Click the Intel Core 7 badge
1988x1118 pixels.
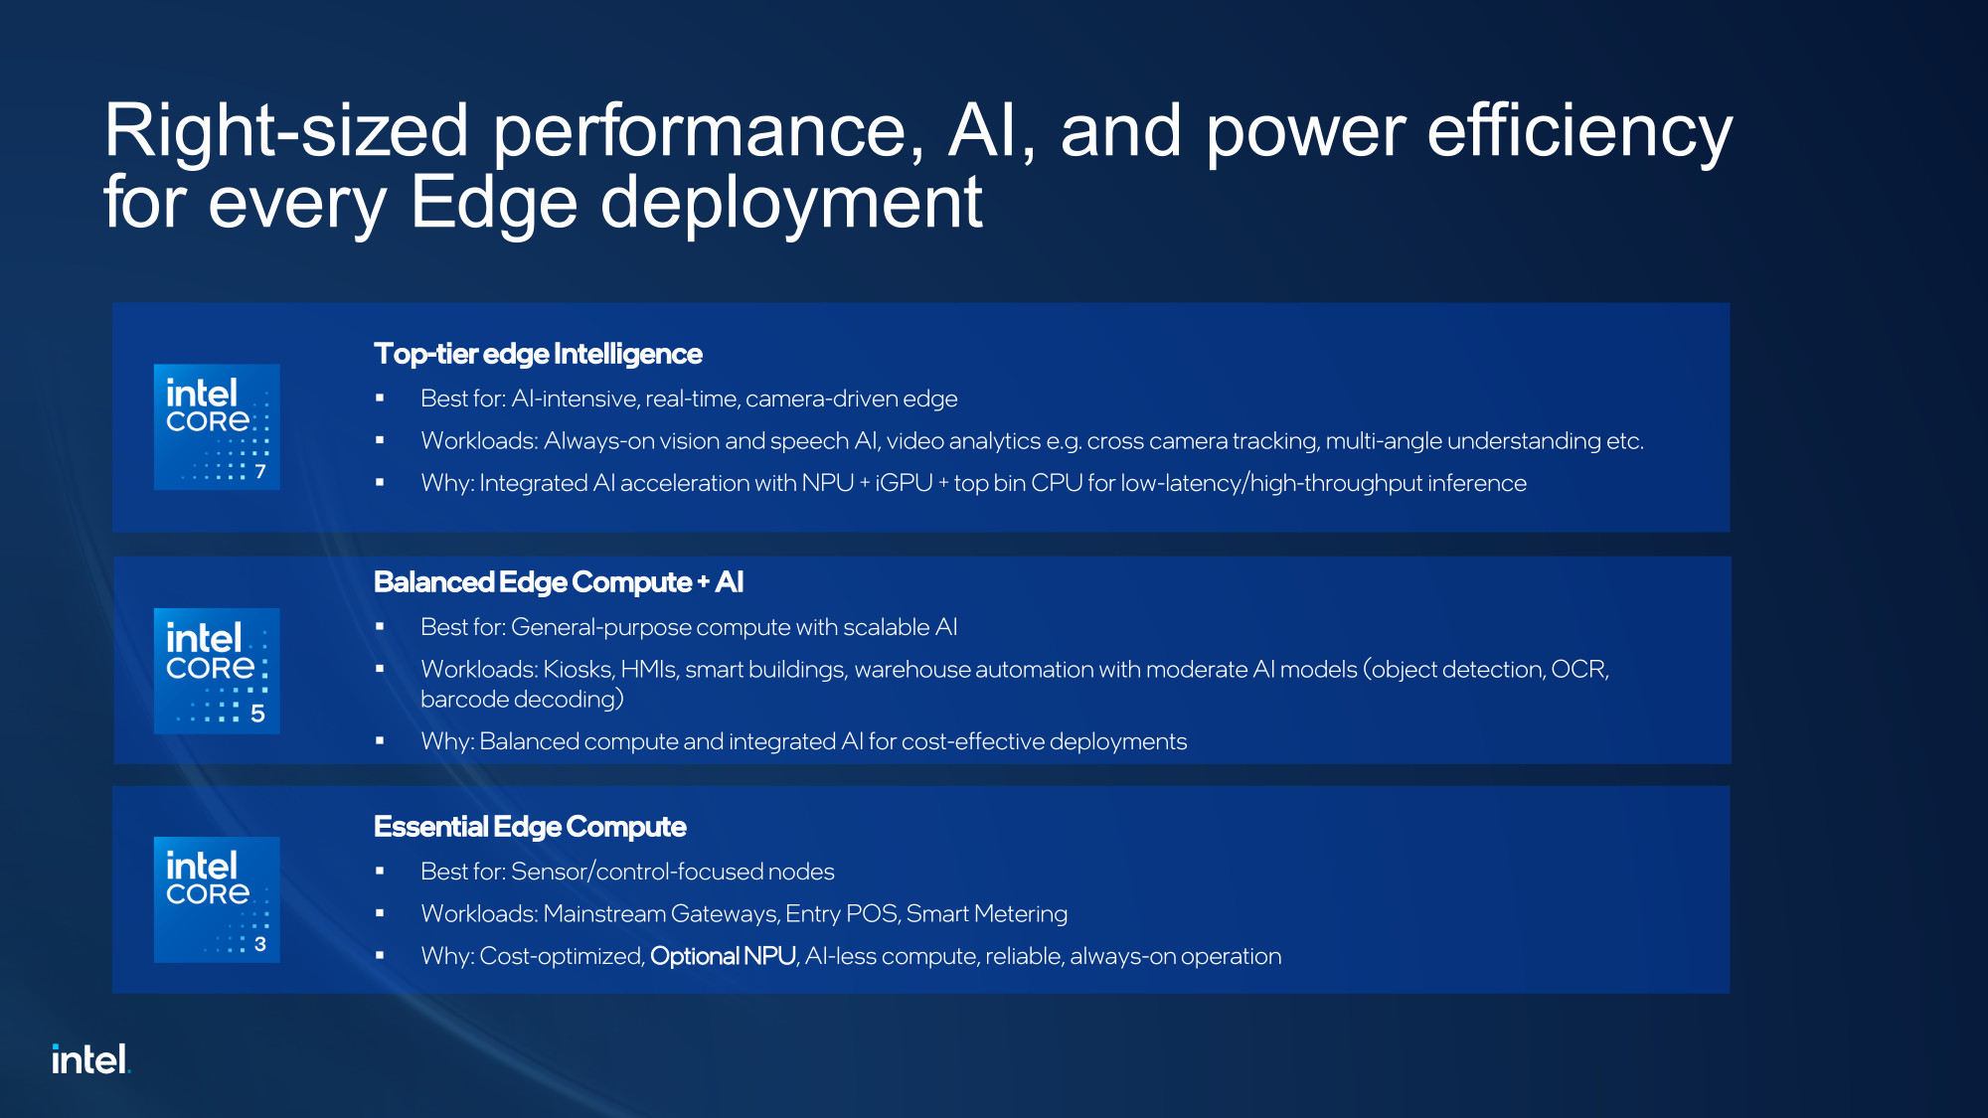tap(217, 427)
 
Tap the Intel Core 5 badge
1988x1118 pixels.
tap(217, 671)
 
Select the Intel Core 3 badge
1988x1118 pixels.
tap(217, 899)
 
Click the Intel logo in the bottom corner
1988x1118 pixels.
tap(90, 1059)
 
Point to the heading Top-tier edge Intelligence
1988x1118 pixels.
tap(538, 354)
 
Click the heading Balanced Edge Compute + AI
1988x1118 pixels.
tap(559, 582)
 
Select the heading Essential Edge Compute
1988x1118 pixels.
tap(530, 827)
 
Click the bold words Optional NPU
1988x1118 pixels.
tap(723, 956)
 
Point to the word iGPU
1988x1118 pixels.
tap(904, 483)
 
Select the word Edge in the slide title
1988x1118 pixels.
tap(494, 203)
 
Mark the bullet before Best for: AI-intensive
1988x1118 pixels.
tap(380, 399)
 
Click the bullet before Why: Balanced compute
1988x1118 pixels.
tap(380, 741)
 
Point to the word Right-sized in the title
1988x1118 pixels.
tap(286, 131)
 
